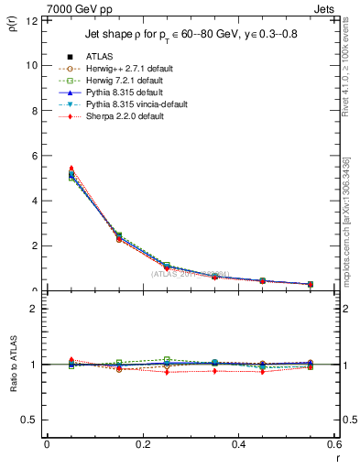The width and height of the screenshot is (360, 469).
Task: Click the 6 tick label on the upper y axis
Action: pos(35,156)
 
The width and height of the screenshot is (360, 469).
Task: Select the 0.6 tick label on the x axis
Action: pos(334,444)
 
